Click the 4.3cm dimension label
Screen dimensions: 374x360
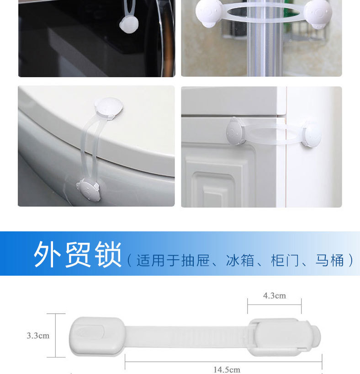click(274, 296)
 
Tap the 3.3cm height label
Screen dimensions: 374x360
click(37, 336)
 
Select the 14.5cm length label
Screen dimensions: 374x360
click(227, 369)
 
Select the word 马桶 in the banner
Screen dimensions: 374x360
click(329, 261)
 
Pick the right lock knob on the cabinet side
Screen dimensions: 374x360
click(311, 134)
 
